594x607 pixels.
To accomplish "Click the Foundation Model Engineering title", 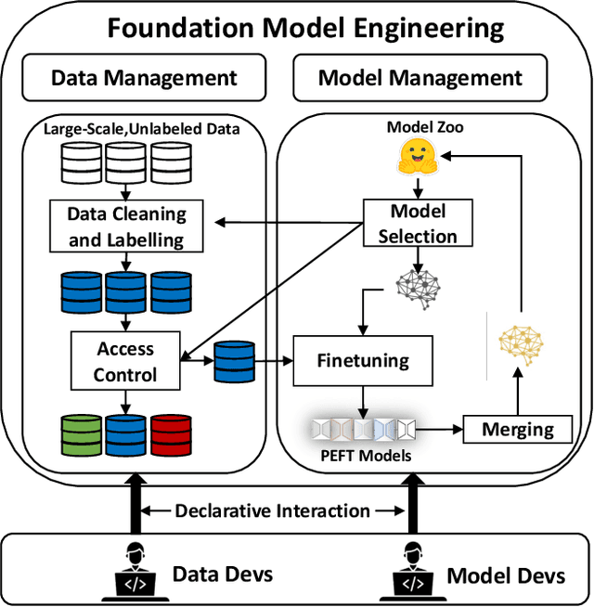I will click(305, 27).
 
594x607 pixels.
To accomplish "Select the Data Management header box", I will click(144, 78).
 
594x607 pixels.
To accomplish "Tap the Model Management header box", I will click(420, 78).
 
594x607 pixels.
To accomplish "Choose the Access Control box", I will click(125, 362).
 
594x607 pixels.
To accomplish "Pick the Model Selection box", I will click(417, 224).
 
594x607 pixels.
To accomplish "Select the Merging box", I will click(517, 429).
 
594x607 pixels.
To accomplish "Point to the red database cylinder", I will click(171, 434).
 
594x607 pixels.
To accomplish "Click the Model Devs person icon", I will click(415, 570).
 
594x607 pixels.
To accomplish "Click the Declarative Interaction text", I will click(272, 510).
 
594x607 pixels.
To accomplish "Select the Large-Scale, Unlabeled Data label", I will click(142, 128).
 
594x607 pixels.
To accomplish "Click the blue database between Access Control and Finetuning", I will click(234, 362).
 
